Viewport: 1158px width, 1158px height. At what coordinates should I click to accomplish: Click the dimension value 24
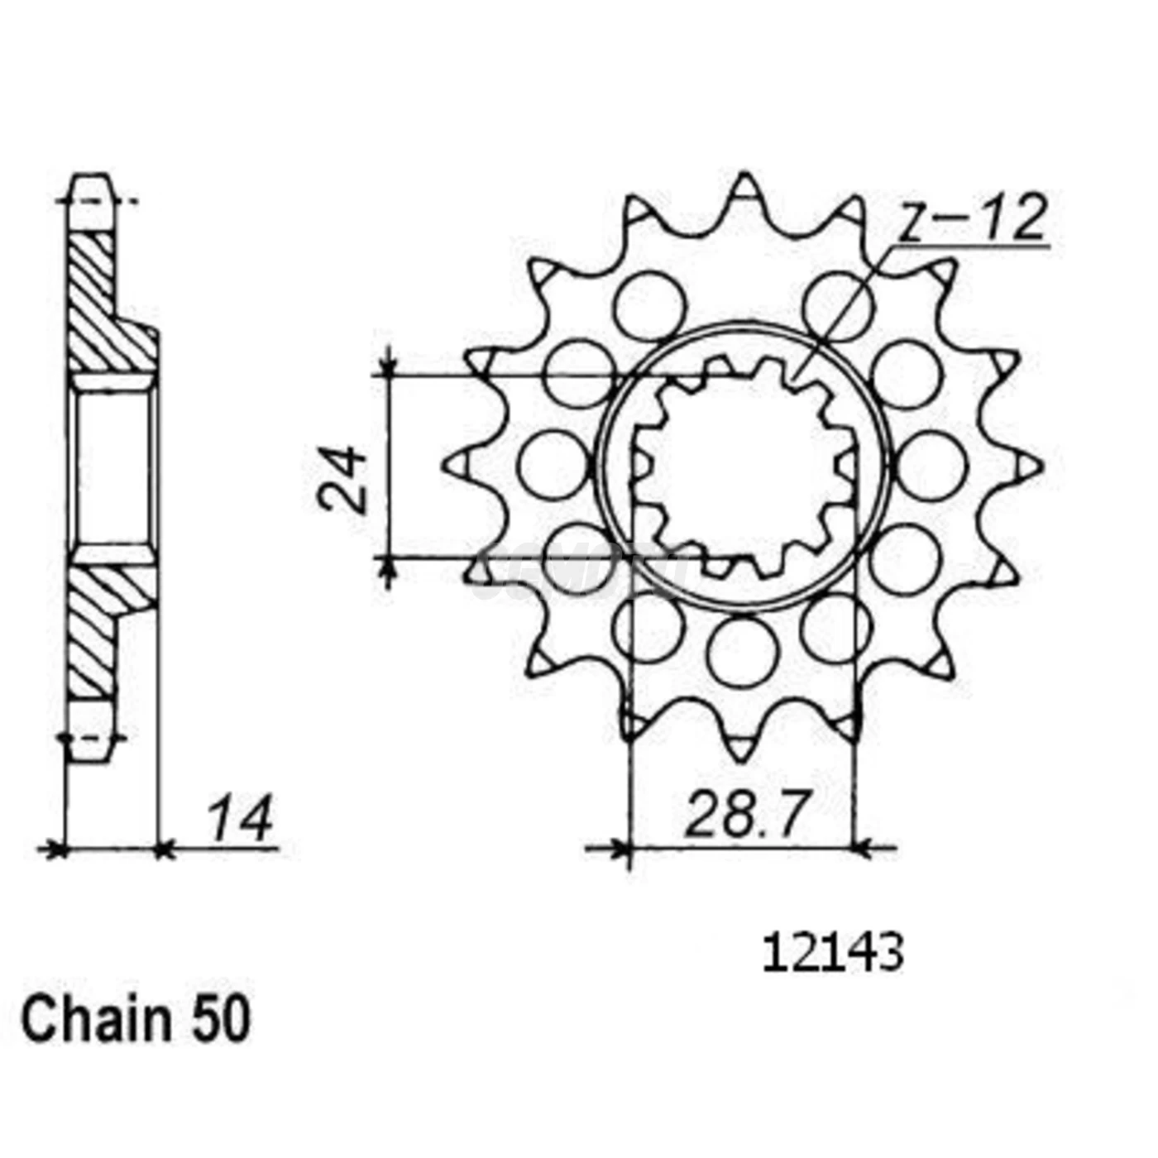coord(342,480)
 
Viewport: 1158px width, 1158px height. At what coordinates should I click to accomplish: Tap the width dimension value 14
coord(239,819)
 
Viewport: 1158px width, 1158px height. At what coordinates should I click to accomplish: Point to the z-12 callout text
coord(973,220)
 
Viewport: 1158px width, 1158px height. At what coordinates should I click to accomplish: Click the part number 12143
coord(832,955)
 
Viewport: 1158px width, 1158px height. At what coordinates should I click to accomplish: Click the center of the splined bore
coord(742,466)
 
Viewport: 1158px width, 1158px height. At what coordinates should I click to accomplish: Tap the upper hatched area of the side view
coord(103,306)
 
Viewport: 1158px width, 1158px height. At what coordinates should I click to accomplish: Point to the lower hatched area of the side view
coord(103,629)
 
